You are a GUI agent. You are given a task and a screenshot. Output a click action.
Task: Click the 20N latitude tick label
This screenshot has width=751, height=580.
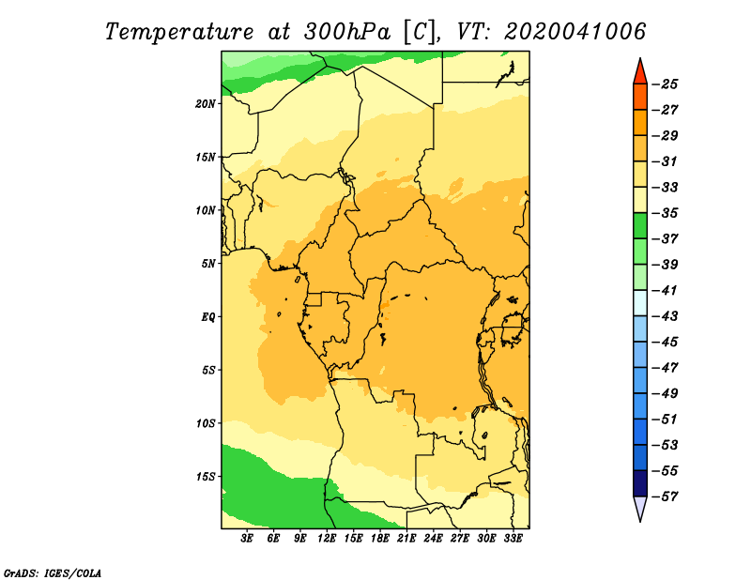tap(206, 104)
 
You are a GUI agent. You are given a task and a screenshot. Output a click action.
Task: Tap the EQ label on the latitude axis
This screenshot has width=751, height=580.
tap(208, 317)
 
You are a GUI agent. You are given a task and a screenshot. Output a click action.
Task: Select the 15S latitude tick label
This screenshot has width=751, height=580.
tap(206, 477)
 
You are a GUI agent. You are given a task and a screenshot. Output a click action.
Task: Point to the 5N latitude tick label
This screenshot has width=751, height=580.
tap(208, 264)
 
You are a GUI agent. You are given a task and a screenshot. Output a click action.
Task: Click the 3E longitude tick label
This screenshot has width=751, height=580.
tap(247, 538)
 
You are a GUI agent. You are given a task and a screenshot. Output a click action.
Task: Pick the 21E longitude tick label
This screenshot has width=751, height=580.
tap(406, 538)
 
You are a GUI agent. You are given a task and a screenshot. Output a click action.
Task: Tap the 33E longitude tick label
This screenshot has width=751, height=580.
tap(513, 538)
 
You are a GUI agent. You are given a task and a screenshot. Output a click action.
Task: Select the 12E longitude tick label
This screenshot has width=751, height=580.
tap(327, 538)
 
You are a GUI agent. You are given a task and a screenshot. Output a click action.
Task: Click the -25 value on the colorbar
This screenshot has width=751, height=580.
tap(666, 84)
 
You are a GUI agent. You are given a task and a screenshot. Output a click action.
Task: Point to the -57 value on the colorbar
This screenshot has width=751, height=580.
tap(666, 496)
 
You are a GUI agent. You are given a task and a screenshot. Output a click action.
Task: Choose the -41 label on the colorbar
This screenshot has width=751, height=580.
tap(666, 290)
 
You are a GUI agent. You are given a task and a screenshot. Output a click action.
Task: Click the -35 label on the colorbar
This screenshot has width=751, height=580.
tap(666, 213)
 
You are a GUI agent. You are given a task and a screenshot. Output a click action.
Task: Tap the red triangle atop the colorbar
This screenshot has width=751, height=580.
tap(640, 73)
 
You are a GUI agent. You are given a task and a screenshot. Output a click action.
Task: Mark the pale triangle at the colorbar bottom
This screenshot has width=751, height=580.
tap(640, 507)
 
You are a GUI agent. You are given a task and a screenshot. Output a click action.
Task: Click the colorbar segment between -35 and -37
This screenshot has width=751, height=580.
tap(640, 226)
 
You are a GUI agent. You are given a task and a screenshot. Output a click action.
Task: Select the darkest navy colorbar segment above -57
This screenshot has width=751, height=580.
tap(640, 483)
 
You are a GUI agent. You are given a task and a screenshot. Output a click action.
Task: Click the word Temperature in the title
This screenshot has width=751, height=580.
tap(179, 32)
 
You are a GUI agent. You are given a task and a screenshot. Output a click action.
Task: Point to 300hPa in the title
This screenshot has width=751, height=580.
tap(346, 32)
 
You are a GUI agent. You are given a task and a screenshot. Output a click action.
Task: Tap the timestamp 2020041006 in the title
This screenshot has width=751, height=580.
tap(575, 32)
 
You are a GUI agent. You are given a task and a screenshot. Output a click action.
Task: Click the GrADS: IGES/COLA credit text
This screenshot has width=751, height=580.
tap(53, 573)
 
